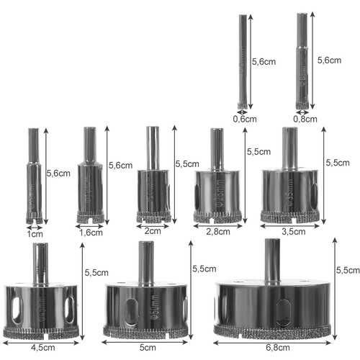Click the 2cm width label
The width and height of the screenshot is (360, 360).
[x=153, y=231]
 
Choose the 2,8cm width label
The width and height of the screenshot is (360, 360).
[x=217, y=231]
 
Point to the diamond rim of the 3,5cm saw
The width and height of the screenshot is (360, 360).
[x=289, y=215]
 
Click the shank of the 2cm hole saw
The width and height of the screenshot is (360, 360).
[x=153, y=148]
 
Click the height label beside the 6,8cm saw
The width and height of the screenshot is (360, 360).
[x=348, y=270]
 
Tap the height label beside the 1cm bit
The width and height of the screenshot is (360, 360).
[x=58, y=173]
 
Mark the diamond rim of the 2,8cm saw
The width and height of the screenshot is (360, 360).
[x=217, y=216]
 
